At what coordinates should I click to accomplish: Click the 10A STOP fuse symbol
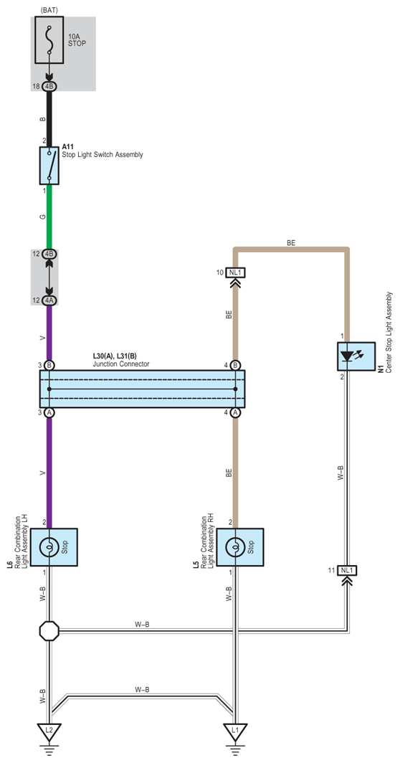point(49,40)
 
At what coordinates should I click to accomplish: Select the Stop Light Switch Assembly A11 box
point(49,166)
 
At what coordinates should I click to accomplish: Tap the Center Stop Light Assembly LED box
point(356,357)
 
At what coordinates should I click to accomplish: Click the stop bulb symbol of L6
point(49,547)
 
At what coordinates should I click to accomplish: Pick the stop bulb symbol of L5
point(235,547)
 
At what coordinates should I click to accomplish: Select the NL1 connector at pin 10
point(236,272)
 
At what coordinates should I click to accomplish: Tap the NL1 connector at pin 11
point(347,570)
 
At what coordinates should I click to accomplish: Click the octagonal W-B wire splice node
point(49,630)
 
